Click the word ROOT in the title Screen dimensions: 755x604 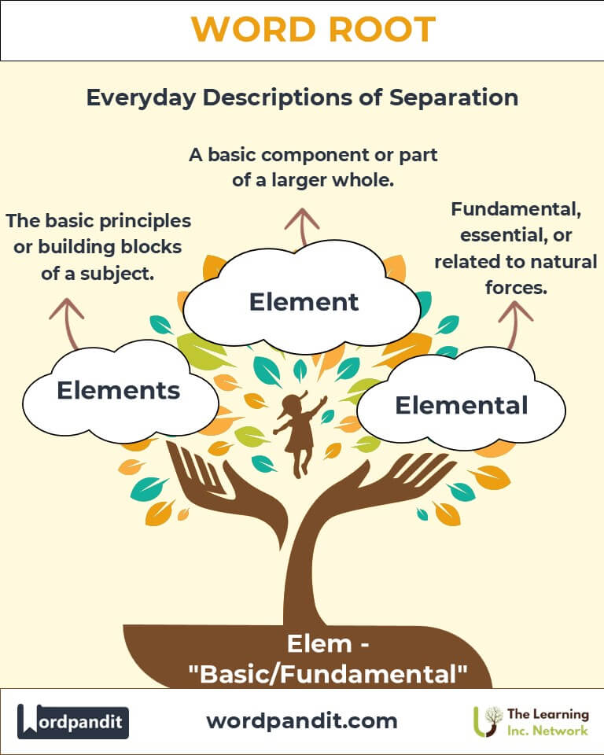377,30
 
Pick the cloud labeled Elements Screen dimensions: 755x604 119,390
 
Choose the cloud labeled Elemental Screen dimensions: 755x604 461,405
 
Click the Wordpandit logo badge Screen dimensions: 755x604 73,721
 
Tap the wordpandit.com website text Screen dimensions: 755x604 302,720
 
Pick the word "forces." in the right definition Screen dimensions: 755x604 515,287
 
